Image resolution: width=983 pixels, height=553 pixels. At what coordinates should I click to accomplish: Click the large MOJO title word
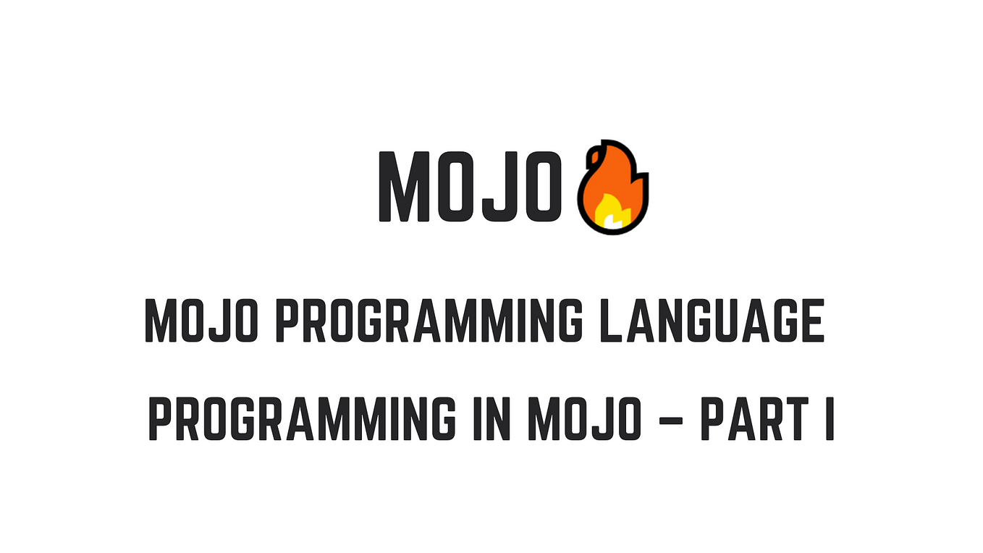pos(470,187)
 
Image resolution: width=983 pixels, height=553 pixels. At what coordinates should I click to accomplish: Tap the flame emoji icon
pos(613,187)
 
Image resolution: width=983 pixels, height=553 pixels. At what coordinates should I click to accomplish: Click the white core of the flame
pos(613,221)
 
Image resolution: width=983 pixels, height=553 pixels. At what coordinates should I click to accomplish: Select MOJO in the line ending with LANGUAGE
pos(201,321)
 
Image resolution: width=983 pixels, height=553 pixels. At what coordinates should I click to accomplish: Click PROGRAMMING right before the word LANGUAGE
pos(429,321)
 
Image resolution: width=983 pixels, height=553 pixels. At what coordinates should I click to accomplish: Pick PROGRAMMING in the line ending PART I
pos(303,418)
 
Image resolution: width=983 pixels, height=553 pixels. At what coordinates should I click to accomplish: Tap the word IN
pos(492,418)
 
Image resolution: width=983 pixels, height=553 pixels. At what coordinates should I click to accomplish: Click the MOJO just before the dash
pos(585,418)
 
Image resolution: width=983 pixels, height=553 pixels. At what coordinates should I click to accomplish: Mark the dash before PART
pos(671,421)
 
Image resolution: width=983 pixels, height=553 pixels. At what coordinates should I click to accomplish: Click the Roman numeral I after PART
pos(830,418)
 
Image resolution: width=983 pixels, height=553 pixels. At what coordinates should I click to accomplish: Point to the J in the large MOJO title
pos(497,187)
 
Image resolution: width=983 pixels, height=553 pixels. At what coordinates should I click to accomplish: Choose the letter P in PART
pos(714,418)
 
